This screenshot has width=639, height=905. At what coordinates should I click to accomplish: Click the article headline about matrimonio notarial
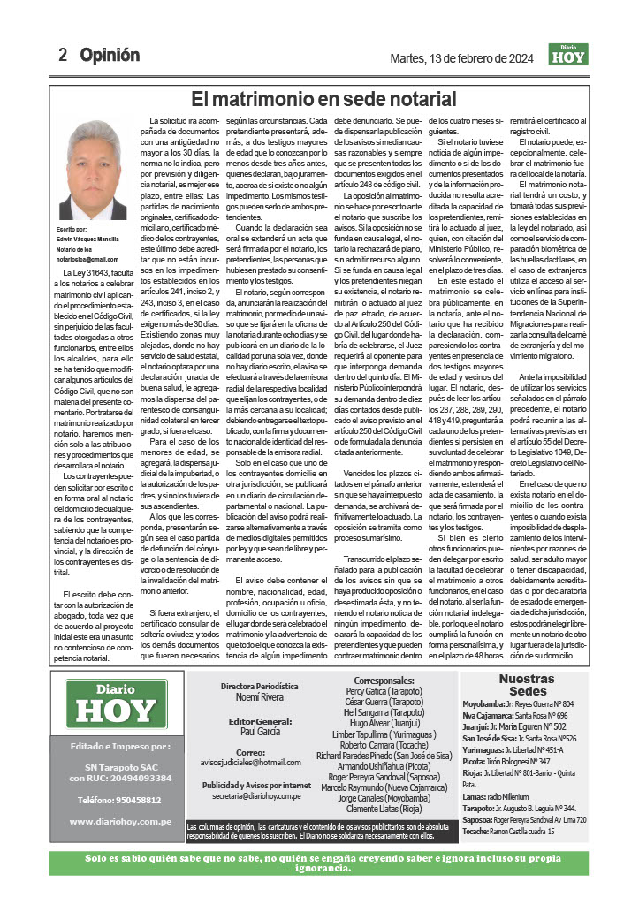click(323, 99)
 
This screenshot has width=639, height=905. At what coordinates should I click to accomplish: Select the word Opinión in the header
click(110, 56)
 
